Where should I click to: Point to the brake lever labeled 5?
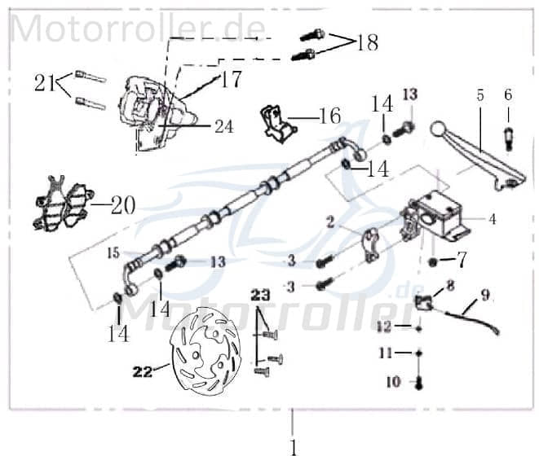pos(481,155)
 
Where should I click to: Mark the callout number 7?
pos(462,261)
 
